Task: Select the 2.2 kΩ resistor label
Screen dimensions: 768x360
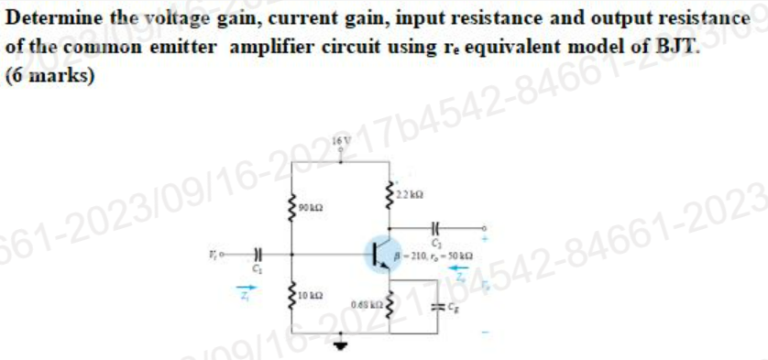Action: (x=410, y=195)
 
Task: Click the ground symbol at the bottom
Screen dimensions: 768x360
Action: (x=345, y=346)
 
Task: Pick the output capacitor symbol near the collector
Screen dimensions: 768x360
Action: (x=436, y=226)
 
